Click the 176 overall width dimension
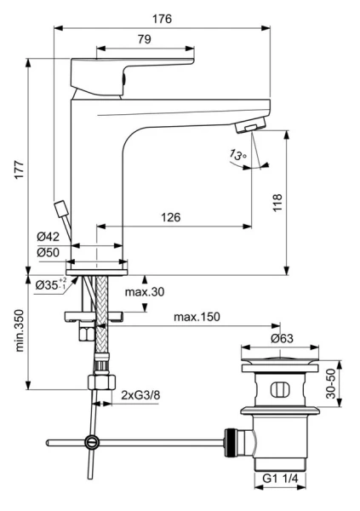[x=162, y=19]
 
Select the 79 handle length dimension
[x=144, y=39]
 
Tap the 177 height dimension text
[x=19, y=169]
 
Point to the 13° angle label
[x=237, y=154]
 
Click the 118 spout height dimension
[x=277, y=203]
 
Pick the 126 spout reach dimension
[x=171, y=217]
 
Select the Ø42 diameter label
[x=49, y=237]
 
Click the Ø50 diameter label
[x=49, y=252]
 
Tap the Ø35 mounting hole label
[x=51, y=284]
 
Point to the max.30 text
[x=145, y=291]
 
